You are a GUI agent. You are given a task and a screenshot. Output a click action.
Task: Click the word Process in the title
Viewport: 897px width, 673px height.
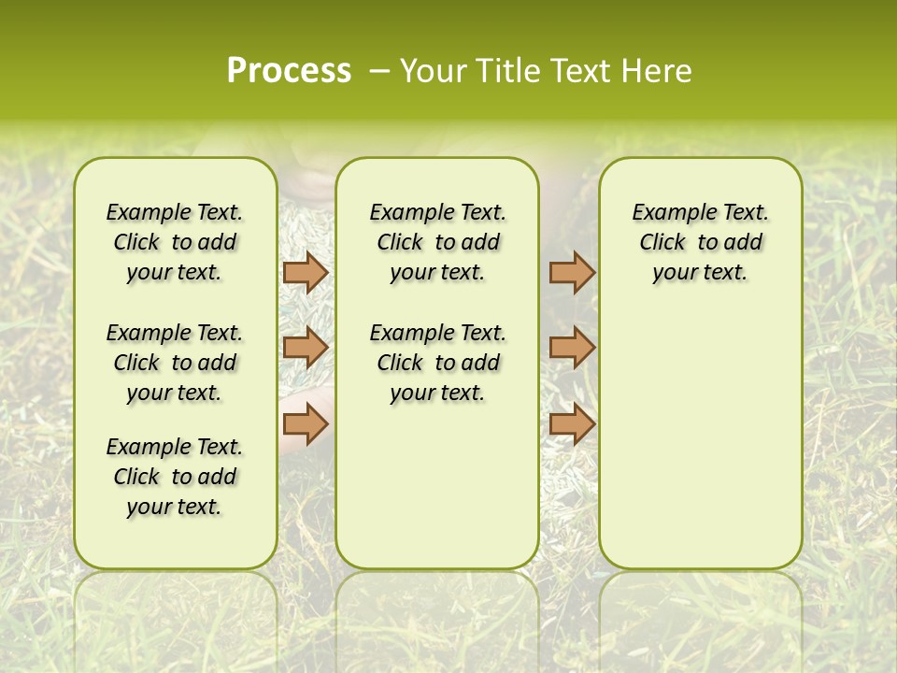[289, 70]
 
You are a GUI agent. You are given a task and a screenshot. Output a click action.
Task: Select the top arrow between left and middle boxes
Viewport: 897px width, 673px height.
[306, 273]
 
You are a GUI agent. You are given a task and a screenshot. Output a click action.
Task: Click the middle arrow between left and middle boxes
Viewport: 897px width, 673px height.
[306, 348]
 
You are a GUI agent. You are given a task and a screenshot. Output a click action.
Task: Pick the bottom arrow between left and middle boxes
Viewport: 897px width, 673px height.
[306, 425]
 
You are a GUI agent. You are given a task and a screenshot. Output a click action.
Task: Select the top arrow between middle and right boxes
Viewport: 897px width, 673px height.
[572, 273]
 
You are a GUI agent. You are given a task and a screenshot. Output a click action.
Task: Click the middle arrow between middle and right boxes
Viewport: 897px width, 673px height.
[572, 348]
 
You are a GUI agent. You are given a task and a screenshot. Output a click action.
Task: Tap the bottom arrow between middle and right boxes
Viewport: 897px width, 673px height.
[572, 425]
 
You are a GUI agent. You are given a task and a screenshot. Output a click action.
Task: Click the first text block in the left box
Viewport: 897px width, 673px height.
[175, 242]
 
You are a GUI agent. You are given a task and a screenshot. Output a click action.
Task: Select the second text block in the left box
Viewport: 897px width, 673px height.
[175, 363]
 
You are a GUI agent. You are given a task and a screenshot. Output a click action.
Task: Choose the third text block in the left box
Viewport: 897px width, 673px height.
[175, 477]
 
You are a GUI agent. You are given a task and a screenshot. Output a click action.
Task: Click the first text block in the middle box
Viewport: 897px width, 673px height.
[437, 242]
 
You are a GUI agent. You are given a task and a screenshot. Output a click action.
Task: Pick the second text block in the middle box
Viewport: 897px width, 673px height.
[437, 363]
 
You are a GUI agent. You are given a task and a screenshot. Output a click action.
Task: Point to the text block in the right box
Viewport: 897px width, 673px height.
[700, 242]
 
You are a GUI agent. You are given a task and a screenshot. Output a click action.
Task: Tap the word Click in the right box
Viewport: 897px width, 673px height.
[662, 242]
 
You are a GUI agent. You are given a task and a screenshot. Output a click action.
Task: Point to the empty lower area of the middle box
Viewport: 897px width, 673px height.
[437, 486]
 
